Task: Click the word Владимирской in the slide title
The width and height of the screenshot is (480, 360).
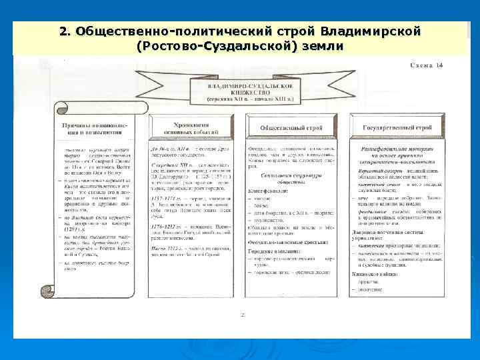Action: [x=370, y=32]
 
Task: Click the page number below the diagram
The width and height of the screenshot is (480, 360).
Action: [x=242, y=313]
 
